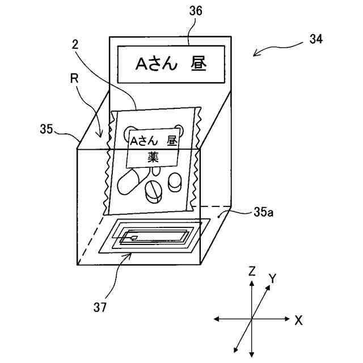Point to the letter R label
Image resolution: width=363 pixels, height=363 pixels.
[x=74, y=78]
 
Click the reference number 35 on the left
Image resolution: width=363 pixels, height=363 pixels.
[x=47, y=129]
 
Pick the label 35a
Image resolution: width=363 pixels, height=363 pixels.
[x=262, y=213]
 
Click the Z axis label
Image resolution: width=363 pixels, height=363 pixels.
[x=251, y=272]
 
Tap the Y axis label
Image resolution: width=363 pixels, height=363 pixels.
[x=272, y=278]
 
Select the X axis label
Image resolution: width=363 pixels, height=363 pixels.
[x=298, y=320]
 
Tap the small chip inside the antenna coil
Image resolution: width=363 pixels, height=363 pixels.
[x=134, y=238]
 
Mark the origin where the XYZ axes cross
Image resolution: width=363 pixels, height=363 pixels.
[x=251, y=320]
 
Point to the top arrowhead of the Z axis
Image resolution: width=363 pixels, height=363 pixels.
[x=251, y=282]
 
